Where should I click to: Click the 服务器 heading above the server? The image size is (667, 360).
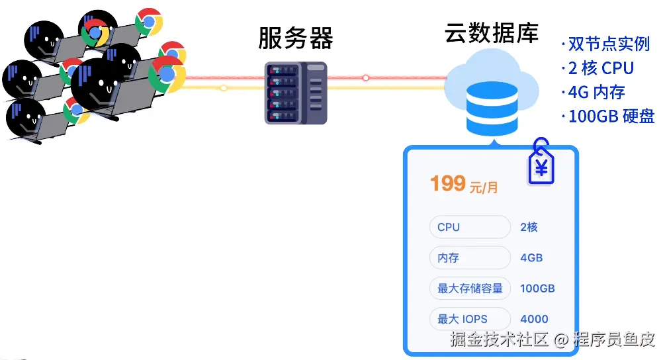pyautogui.click(x=295, y=39)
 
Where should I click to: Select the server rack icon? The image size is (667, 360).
pyautogui.click(x=296, y=93)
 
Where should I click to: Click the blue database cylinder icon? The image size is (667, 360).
pyautogui.click(x=491, y=109)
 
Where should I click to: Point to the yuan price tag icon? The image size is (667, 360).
pyautogui.click(x=541, y=163)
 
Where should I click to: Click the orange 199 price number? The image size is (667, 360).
pyautogui.click(x=448, y=183)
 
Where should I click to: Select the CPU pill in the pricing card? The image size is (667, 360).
pyautogui.click(x=469, y=227)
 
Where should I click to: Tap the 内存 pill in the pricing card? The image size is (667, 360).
pyautogui.click(x=469, y=257)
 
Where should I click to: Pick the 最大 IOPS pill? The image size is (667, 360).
pyautogui.click(x=469, y=319)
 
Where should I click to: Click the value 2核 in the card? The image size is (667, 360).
pyautogui.click(x=529, y=227)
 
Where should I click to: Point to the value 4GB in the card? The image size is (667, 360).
pyautogui.click(x=531, y=257)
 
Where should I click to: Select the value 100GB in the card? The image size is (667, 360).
pyautogui.click(x=537, y=289)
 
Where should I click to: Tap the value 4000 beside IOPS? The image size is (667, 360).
pyautogui.click(x=534, y=319)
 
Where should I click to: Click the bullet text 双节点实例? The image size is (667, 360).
pyautogui.click(x=608, y=44)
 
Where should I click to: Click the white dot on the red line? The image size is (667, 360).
pyautogui.click(x=365, y=77)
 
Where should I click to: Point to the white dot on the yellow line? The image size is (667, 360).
pyautogui.click(x=224, y=87)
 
